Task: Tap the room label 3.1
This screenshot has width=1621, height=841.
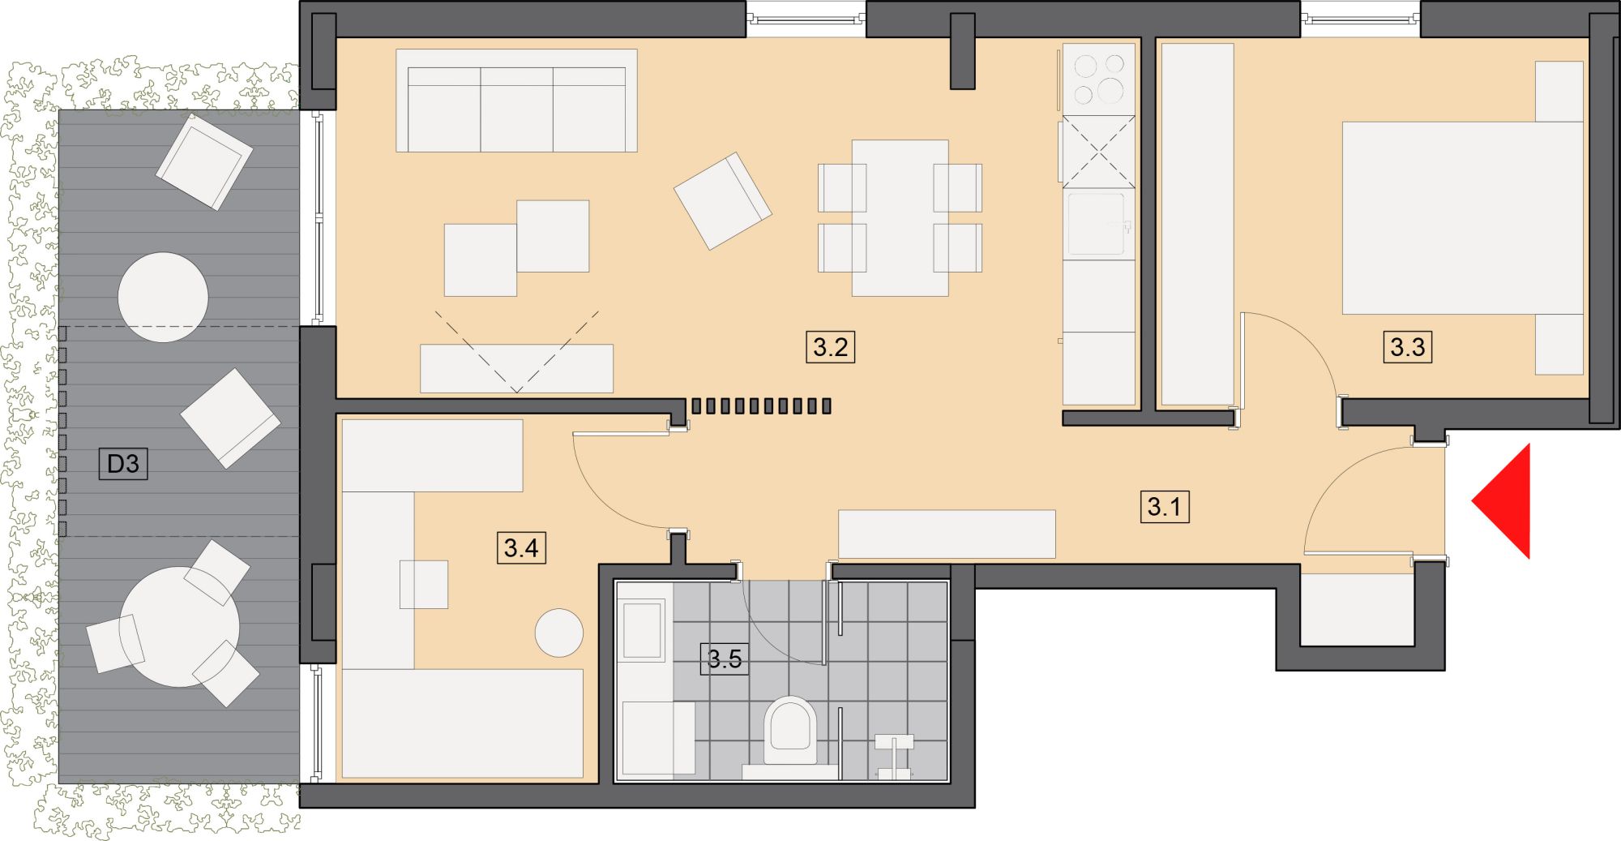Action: pyautogui.click(x=1164, y=507)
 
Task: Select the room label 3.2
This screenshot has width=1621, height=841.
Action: pyautogui.click(x=830, y=347)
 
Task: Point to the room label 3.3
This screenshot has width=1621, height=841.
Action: pyautogui.click(x=1407, y=347)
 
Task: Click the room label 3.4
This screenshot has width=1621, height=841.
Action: pyautogui.click(x=520, y=547)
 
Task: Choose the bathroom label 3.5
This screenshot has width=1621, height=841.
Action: pyautogui.click(x=724, y=659)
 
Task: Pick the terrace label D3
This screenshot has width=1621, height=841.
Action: pyautogui.click(x=123, y=464)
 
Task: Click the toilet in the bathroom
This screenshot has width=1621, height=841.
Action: pyautogui.click(x=791, y=734)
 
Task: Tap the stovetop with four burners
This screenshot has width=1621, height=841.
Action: pyautogui.click(x=1098, y=79)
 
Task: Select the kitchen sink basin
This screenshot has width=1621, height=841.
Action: pyautogui.click(x=1096, y=224)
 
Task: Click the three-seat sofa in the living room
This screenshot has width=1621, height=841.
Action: pyautogui.click(x=516, y=101)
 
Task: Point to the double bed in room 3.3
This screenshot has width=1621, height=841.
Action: pyautogui.click(x=1463, y=217)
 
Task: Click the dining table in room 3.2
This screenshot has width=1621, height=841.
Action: pyautogui.click(x=900, y=217)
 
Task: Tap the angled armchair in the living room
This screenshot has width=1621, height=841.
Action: pyautogui.click(x=722, y=200)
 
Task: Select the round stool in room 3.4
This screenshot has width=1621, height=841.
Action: pyautogui.click(x=559, y=633)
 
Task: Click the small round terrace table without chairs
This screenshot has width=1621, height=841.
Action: pyautogui.click(x=163, y=297)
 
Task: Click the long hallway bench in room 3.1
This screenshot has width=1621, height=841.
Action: pyautogui.click(x=947, y=534)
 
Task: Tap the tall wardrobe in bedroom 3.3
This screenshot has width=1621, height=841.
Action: pyautogui.click(x=1197, y=224)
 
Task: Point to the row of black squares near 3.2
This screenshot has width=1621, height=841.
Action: pyautogui.click(x=760, y=405)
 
